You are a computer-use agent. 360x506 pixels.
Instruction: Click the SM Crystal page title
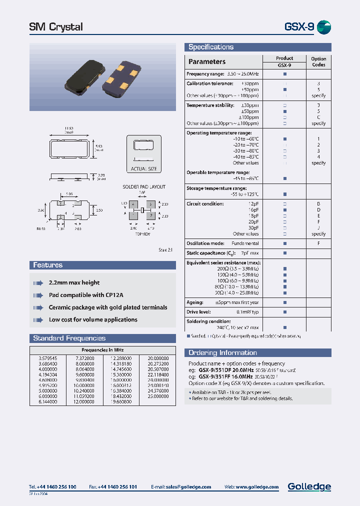pyautogui.click(x=56, y=27)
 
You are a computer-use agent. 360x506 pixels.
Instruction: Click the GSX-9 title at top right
pyautogui.click(x=299, y=27)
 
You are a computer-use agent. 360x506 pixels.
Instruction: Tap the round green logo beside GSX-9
pyautogui.click(x=324, y=27)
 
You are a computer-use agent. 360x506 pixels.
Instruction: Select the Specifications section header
pyautogui.click(x=211, y=47)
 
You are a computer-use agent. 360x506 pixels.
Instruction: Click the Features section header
pyautogui.click(x=48, y=265)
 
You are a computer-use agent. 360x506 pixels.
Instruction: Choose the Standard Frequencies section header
pyautogui.click(x=69, y=338)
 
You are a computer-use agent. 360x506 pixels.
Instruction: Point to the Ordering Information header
pyautogui.click(x=222, y=352)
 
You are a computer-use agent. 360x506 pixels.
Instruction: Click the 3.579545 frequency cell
pyautogui.click(x=48, y=358)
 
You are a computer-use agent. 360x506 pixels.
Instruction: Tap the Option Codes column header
pyautogui.click(x=318, y=61)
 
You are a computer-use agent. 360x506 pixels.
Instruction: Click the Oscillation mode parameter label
pyautogui.click(x=204, y=243)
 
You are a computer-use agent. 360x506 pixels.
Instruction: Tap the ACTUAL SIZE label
pyautogui.click(x=143, y=169)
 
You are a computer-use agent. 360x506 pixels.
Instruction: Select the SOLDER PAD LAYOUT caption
pyautogui.click(x=144, y=187)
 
